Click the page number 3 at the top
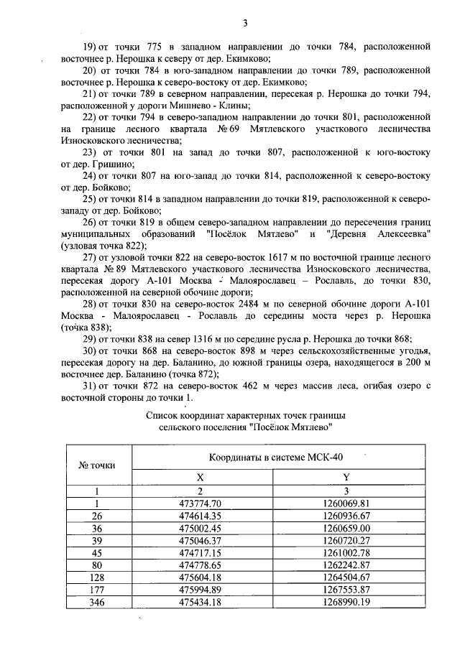pyautogui.click(x=245, y=23)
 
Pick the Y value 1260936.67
pyautogui.click(x=346, y=516)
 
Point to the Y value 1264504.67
pyautogui.click(x=346, y=577)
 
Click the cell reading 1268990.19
pyautogui.click(x=346, y=601)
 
